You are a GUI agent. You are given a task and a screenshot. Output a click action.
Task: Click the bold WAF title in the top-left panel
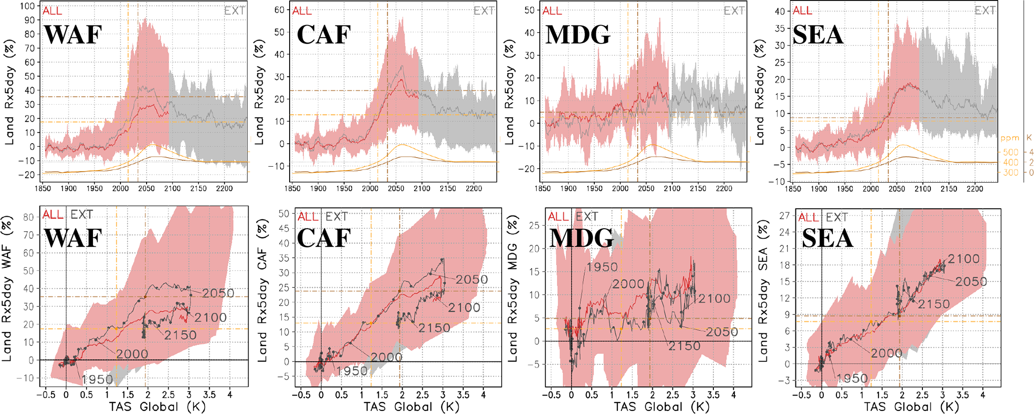73,35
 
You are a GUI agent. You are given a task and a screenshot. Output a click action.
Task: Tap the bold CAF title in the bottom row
324,237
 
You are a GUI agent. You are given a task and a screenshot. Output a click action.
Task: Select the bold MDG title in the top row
578,35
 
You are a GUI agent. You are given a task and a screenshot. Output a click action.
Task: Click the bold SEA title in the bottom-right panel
827,237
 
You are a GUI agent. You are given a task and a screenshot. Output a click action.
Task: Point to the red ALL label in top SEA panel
802,11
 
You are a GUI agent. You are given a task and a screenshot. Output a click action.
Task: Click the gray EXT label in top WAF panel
234,11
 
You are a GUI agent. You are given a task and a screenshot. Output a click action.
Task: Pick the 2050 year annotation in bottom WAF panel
218,293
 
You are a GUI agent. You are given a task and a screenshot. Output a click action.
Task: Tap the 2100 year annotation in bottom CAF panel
464,308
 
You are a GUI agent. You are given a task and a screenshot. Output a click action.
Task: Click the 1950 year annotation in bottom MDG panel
602,267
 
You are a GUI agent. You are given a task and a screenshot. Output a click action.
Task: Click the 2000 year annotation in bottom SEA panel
886,353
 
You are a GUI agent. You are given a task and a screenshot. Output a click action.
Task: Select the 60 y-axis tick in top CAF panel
279,10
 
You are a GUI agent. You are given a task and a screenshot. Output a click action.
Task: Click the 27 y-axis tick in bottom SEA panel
784,215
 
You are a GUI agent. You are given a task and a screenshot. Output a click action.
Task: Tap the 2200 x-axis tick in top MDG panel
724,188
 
